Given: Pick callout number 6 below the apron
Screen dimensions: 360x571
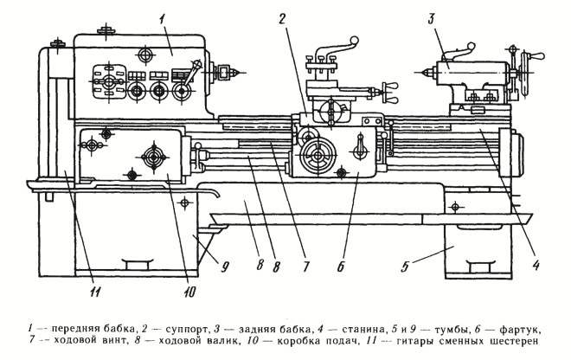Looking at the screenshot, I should (x=341, y=269).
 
